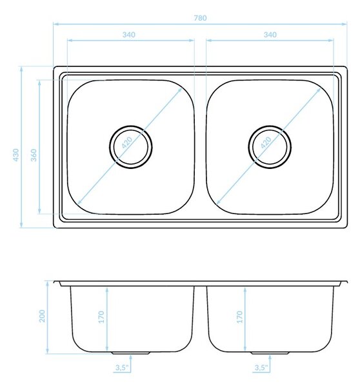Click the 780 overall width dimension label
[200, 18]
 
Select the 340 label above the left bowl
[129, 35]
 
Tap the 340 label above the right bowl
[270, 35]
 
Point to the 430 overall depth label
[15, 155]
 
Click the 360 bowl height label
[34, 155]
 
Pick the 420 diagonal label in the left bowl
[127, 143]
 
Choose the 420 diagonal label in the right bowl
[266, 143]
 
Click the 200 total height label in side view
[42, 316]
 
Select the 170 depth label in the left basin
[101, 317]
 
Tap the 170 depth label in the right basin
[240, 317]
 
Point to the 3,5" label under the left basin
[122, 368]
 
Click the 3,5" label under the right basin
[261, 368]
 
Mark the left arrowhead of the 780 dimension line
[55, 25]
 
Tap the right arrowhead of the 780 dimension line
[345, 25]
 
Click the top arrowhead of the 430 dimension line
[21, 69]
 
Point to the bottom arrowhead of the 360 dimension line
[39, 212]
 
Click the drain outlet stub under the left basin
[130, 353]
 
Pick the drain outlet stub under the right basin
[270, 353]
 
